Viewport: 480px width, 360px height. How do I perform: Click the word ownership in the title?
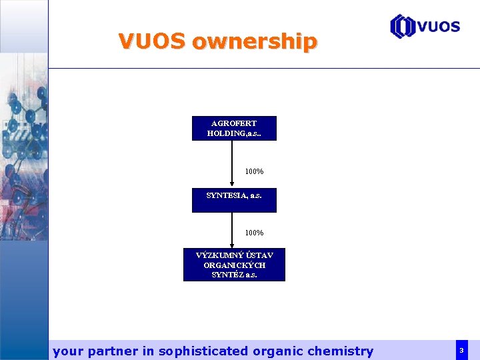[x=254, y=42]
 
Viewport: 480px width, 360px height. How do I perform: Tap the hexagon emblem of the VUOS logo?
[x=402, y=26]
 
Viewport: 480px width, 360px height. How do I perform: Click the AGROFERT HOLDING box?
[x=234, y=129]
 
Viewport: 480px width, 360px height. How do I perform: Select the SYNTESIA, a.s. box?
[x=234, y=201]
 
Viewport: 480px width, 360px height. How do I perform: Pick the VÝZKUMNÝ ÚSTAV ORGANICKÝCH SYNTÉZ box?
[x=234, y=265]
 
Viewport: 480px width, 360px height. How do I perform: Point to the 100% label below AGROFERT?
[x=254, y=171]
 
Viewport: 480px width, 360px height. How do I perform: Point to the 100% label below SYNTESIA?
[x=254, y=233]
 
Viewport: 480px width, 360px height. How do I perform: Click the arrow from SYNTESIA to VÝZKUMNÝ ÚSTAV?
[x=231, y=230]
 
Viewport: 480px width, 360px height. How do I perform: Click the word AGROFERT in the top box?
[x=234, y=123]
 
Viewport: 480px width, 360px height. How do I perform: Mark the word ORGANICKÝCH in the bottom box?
[x=234, y=265]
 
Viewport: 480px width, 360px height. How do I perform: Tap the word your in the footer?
[x=67, y=351]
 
